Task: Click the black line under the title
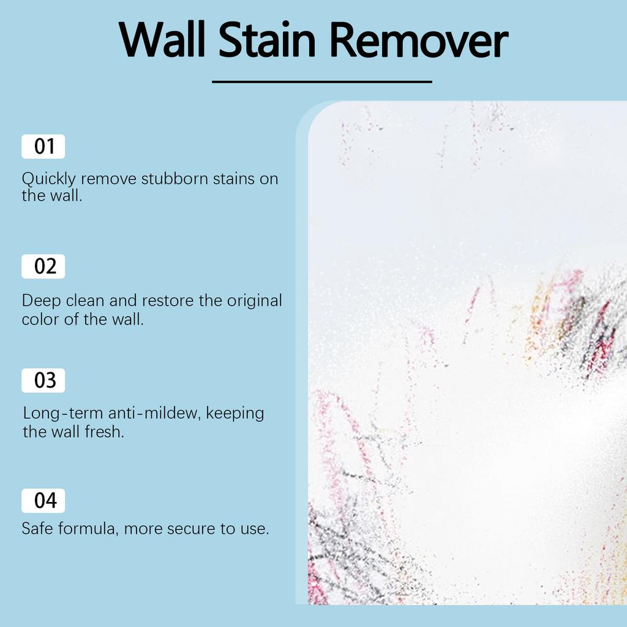[x=322, y=81]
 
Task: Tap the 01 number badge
[x=43, y=147]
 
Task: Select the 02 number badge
[x=43, y=267]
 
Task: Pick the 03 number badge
[x=43, y=381]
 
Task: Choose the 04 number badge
[x=43, y=501]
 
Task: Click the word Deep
[x=39, y=301]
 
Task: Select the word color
[x=39, y=319]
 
